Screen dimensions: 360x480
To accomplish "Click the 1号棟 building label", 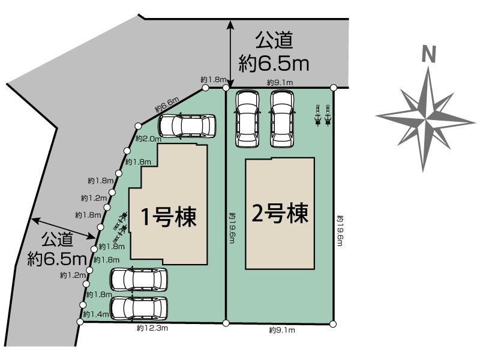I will coord(168,217).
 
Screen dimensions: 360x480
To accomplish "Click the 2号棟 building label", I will coord(280,214).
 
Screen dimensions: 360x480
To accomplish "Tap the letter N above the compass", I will coord(428,55).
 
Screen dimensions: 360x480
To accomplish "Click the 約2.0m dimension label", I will coord(149,139).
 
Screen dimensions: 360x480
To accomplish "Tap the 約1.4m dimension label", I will coord(95,314).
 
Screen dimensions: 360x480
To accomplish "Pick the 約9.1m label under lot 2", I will coord(280,330).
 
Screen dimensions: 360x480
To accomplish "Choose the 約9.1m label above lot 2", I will coord(280,82).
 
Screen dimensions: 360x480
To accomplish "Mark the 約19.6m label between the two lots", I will coord(232,230).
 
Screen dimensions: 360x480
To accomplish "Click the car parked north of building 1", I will coord(187,127).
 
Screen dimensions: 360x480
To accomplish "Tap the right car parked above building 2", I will coord(282,118).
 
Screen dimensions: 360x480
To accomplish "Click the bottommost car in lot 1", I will coord(139,308).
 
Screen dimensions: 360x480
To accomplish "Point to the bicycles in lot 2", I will coord(322,115).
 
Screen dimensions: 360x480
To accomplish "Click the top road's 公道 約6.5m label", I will coord(274,52).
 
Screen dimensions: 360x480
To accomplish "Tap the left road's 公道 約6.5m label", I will coord(57,250).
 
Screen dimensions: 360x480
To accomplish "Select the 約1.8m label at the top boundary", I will coord(213,80).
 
